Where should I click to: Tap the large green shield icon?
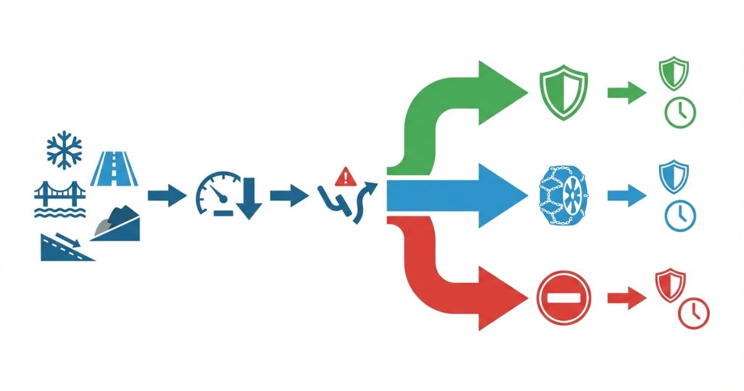[562, 93]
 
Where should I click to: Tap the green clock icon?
[680, 112]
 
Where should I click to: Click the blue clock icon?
[680, 215]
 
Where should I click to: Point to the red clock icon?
[694, 313]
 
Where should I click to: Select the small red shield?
[670, 285]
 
